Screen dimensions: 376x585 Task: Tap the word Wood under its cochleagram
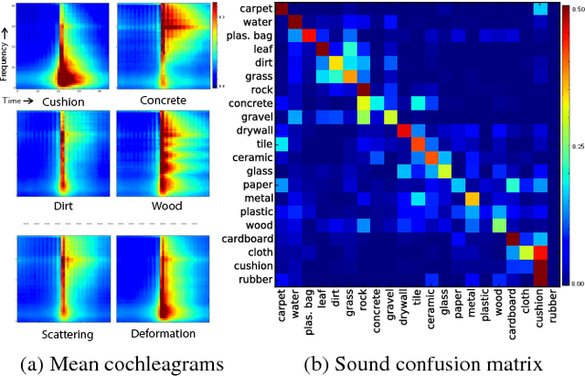[x=165, y=206]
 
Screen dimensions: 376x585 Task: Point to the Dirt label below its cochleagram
[x=63, y=206]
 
